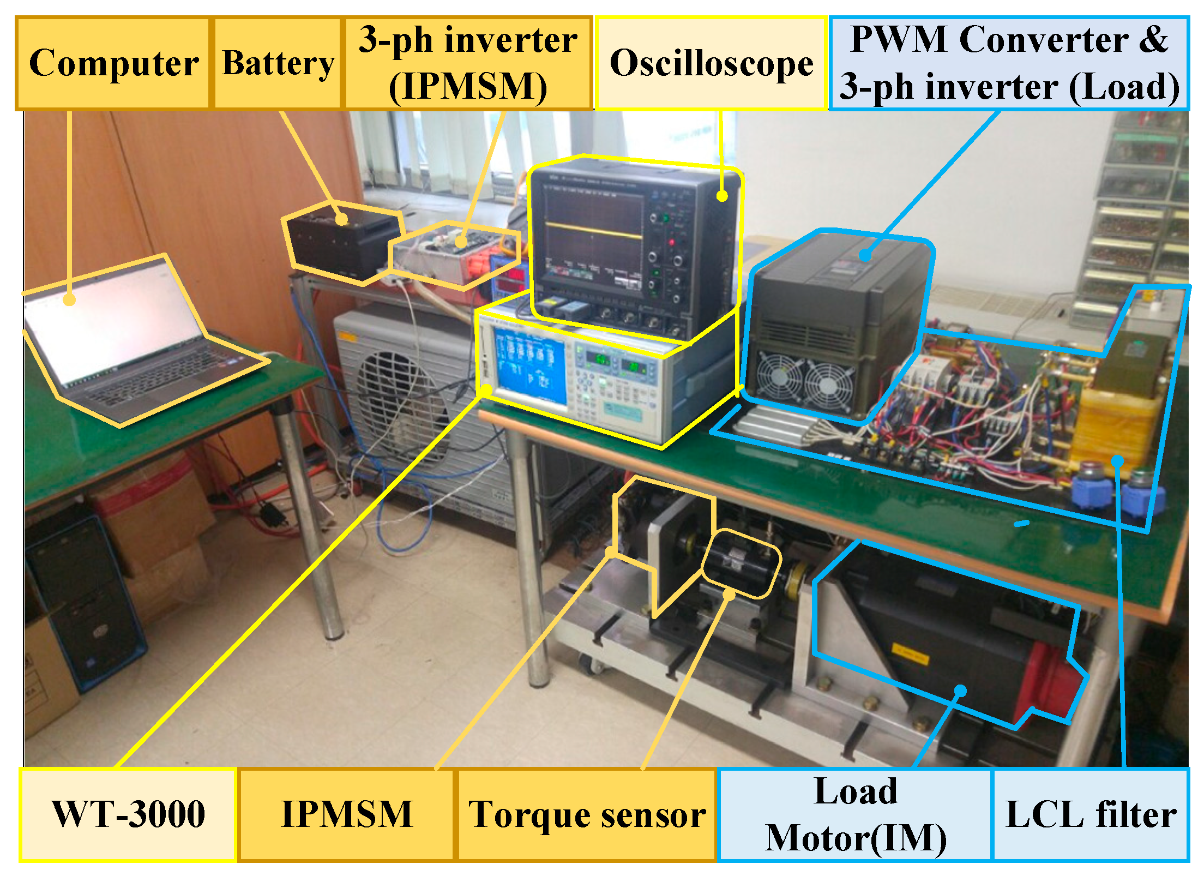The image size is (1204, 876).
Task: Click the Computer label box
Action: click(x=113, y=63)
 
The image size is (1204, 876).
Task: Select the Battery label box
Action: click(x=278, y=63)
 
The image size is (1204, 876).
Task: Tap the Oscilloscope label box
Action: click(x=711, y=63)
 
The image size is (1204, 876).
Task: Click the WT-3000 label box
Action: click(x=128, y=814)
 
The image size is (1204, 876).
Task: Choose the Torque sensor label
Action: click(x=587, y=814)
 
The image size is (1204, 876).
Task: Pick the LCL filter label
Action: click(x=1091, y=814)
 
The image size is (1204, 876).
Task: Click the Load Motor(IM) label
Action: click(x=855, y=814)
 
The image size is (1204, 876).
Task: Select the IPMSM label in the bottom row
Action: click(x=346, y=814)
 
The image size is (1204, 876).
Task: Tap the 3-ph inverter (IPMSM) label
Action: click(x=467, y=63)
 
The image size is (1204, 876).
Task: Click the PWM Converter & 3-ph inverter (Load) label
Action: click(x=1009, y=63)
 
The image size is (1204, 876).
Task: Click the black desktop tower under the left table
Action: click(x=82, y=600)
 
